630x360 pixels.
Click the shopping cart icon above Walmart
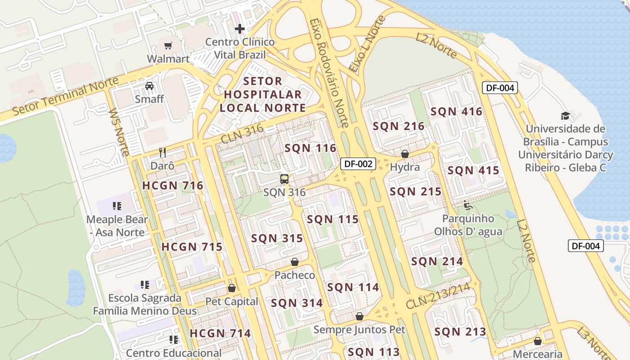168,45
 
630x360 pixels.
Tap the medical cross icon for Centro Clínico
240,29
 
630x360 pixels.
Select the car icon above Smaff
149,85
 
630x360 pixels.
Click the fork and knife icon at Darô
162,153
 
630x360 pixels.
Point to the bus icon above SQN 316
284,179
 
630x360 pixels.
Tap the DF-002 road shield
358,164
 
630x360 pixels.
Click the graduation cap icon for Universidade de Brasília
565,116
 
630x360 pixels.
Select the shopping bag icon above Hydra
405,154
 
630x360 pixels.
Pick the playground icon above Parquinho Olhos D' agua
468,206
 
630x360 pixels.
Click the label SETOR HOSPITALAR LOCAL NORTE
263,94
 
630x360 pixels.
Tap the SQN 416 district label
456,112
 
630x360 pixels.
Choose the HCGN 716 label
173,185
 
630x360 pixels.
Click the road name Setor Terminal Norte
65,97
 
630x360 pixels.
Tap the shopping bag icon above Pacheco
295,262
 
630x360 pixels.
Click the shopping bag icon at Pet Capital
232,288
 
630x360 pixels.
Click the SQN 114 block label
353,287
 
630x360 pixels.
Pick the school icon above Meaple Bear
117,206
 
